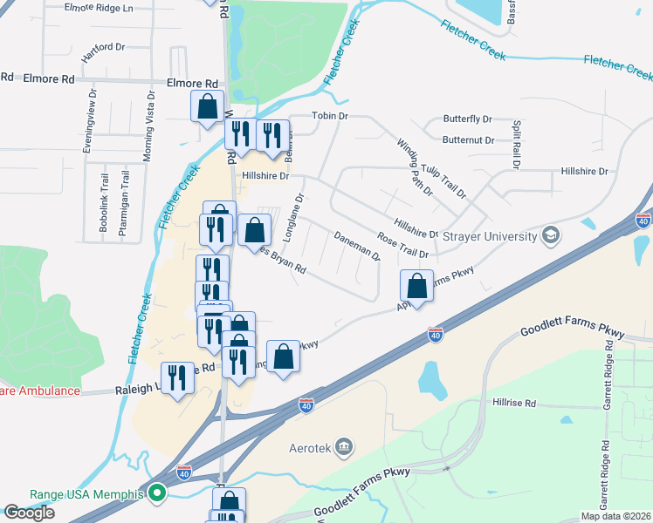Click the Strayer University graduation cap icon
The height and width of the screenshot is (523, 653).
550,235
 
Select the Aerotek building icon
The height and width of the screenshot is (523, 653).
345,448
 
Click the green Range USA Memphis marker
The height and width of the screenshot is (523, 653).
158,494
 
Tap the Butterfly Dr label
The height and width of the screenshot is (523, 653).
468,119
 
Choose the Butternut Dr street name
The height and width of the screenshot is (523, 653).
468,139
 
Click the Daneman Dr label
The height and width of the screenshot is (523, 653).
357,246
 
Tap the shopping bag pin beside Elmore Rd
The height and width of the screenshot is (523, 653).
208,107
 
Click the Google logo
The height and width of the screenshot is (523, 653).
29,513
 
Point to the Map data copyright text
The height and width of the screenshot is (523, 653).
615,516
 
